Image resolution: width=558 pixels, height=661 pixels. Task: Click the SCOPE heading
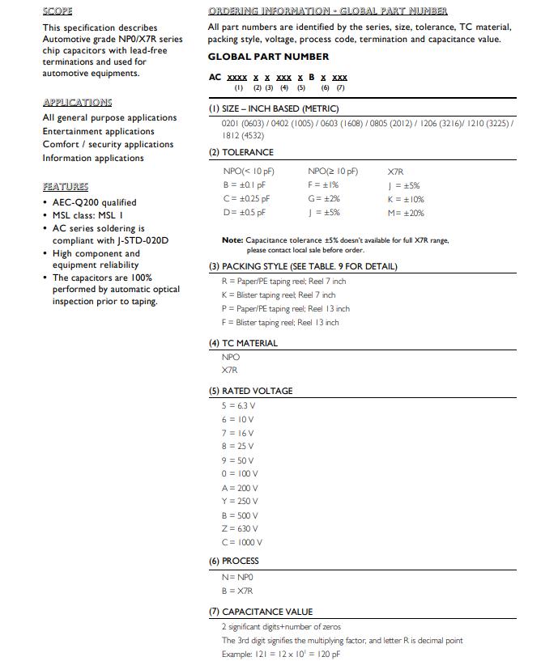(58, 11)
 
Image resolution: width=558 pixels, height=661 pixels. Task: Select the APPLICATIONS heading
(77, 102)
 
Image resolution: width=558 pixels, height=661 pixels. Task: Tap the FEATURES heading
(65, 186)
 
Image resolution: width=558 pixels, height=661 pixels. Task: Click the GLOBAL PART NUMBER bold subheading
(268, 57)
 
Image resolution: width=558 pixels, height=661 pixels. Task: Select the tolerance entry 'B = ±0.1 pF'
(244, 185)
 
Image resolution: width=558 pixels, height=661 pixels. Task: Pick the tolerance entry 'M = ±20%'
(406, 213)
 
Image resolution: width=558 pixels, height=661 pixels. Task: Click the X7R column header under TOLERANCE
(396, 172)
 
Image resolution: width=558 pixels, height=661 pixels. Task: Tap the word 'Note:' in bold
(232, 240)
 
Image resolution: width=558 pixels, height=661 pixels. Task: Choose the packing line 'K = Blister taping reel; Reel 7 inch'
(278, 295)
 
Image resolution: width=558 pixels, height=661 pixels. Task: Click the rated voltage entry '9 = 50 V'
(239, 460)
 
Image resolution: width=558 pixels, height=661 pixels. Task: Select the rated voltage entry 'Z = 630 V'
(240, 528)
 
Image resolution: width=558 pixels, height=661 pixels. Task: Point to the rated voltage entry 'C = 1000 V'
(241, 542)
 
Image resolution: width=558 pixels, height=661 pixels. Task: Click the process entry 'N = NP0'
(237, 577)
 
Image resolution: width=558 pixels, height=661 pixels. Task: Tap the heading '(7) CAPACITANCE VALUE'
(261, 612)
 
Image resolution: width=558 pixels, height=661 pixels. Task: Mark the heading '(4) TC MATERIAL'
(243, 343)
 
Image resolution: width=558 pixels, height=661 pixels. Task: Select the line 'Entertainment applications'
(98, 131)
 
